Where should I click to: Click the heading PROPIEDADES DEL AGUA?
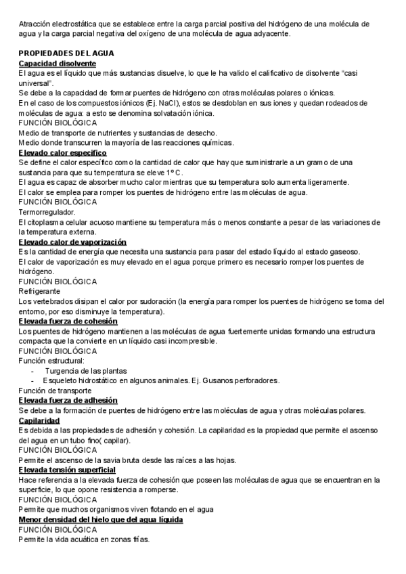[66, 53]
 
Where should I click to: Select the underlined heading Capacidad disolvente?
[57, 63]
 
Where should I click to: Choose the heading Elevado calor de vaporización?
[72, 242]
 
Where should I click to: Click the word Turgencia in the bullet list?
[63, 371]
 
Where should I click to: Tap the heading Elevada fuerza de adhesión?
[68, 401]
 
